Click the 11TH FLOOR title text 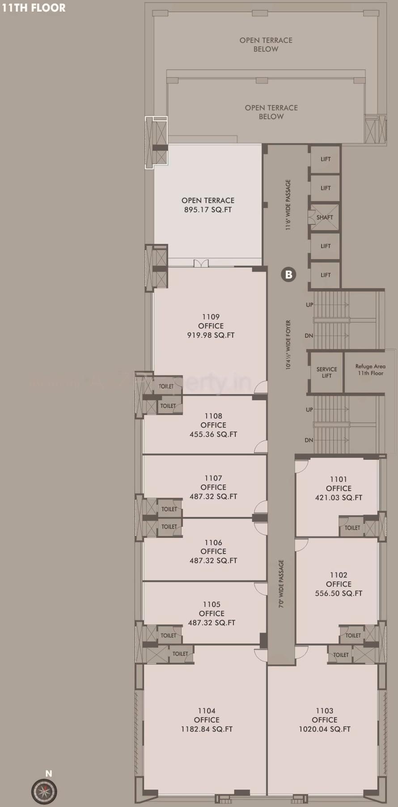(x=34, y=8)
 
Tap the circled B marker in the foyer (x=288, y=274)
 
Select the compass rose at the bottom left (x=44, y=791)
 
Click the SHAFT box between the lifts (x=325, y=218)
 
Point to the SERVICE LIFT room (x=326, y=372)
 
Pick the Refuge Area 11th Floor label (x=370, y=370)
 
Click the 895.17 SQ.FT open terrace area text (x=208, y=210)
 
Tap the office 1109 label (x=211, y=326)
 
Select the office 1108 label (x=213, y=425)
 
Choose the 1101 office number (x=339, y=479)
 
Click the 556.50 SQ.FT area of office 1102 (x=339, y=593)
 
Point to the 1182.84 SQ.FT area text (x=207, y=729)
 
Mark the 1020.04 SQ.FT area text (x=325, y=729)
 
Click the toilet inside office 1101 (x=352, y=528)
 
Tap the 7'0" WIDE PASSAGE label (x=281, y=584)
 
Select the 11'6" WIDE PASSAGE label (x=288, y=205)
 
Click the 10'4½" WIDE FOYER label (x=288, y=345)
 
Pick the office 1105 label (x=212, y=613)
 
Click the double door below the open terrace (x=201, y=263)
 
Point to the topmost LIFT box (x=326, y=159)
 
